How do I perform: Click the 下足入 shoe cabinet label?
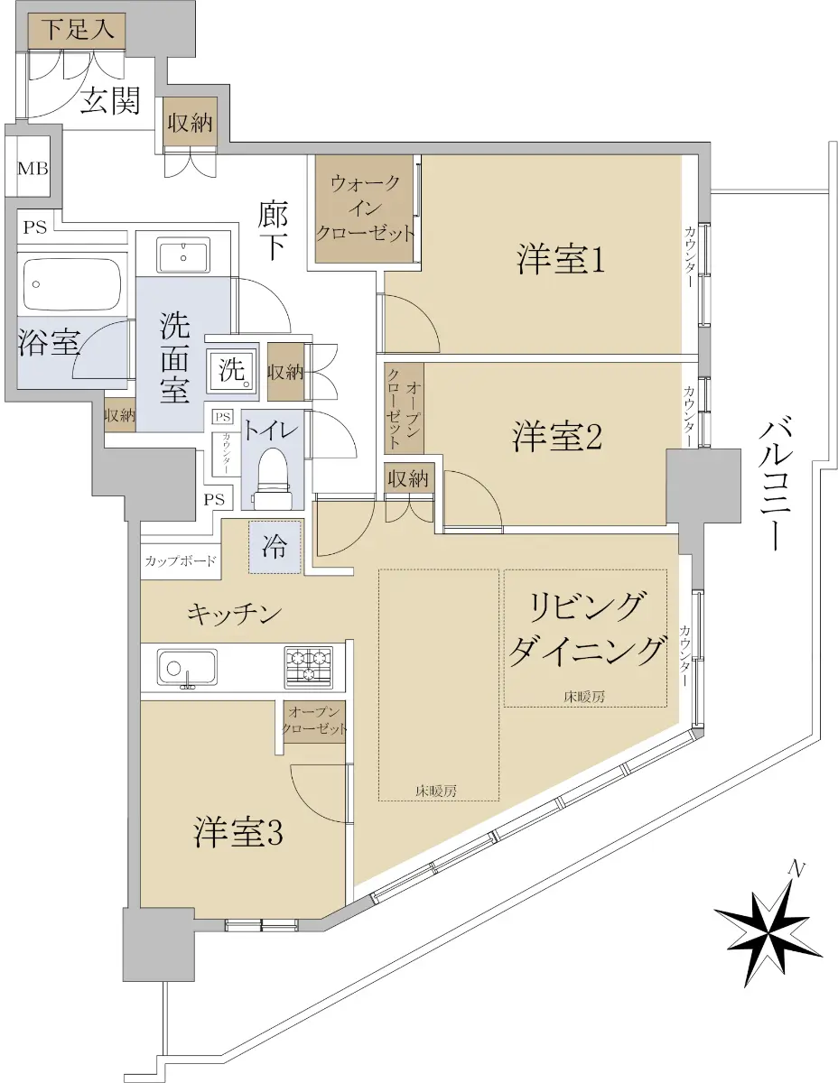(x=78, y=29)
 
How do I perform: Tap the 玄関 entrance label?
(x=110, y=101)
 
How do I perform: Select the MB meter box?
(x=33, y=169)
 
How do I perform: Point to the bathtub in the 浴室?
(x=70, y=284)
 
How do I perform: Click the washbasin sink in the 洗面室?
(x=184, y=255)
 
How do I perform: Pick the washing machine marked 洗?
(x=233, y=370)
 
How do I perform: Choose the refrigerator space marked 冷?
(x=275, y=547)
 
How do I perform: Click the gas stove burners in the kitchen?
(x=308, y=665)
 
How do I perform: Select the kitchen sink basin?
(x=188, y=668)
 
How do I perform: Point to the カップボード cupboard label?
(x=181, y=561)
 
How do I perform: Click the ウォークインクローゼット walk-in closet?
(x=365, y=208)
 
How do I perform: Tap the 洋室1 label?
(x=561, y=259)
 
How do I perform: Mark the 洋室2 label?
(x=556, y=436)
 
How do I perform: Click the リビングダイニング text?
(x=586, y=632)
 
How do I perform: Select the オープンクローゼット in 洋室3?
(x=314, y=722)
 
